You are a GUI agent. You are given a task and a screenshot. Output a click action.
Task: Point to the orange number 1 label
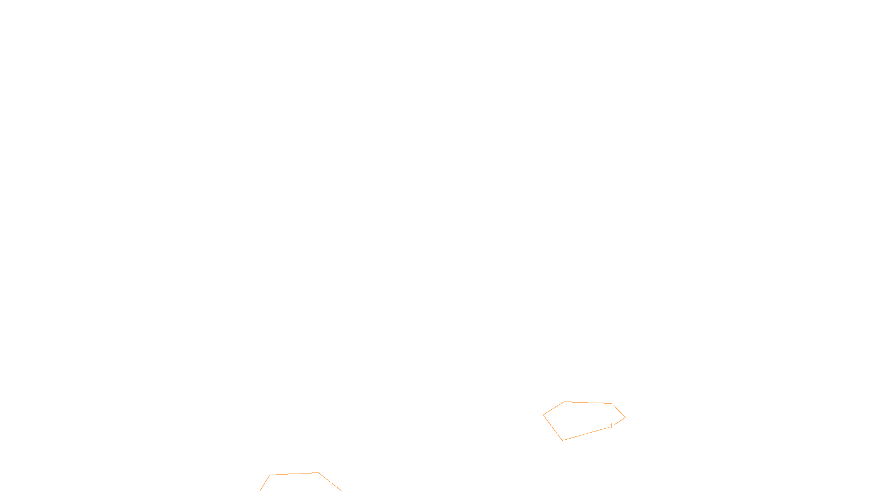[x=611, y=426]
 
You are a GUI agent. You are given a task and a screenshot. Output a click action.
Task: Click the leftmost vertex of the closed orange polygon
[x=543, y=415]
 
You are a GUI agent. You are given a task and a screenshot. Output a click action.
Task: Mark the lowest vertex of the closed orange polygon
[x=563, y=440]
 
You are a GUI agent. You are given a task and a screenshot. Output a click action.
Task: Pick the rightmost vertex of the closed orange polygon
[x=625, y=418]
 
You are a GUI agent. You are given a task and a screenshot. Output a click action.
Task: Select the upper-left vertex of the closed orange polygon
[x=564, y=402]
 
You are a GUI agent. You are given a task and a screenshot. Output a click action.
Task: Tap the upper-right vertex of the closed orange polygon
[x=612, y=404]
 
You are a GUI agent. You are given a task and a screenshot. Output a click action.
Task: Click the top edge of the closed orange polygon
[x=588, y=403]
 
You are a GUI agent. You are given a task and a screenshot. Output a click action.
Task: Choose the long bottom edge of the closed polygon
[x=587, y=434]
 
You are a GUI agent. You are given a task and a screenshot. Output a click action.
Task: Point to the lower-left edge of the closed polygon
[x=553, y=428]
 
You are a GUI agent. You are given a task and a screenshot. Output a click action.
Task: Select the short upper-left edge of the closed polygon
[x=554, y=409]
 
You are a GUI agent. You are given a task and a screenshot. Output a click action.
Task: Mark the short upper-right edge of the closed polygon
[x=619, y=411]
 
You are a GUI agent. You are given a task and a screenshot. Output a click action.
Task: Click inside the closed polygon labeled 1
[x=584, y=419]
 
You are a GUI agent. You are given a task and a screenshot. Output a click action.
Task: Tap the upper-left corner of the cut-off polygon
[x=270, y=475]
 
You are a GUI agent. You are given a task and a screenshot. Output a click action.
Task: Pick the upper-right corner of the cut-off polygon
[x=318, y=473]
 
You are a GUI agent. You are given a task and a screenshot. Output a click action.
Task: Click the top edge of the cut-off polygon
[x=294, y=474]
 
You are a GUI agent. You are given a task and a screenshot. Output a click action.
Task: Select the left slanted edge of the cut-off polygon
[x=265, y=483]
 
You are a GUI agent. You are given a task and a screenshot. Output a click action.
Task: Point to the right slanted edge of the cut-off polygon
[x=330, y=482]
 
